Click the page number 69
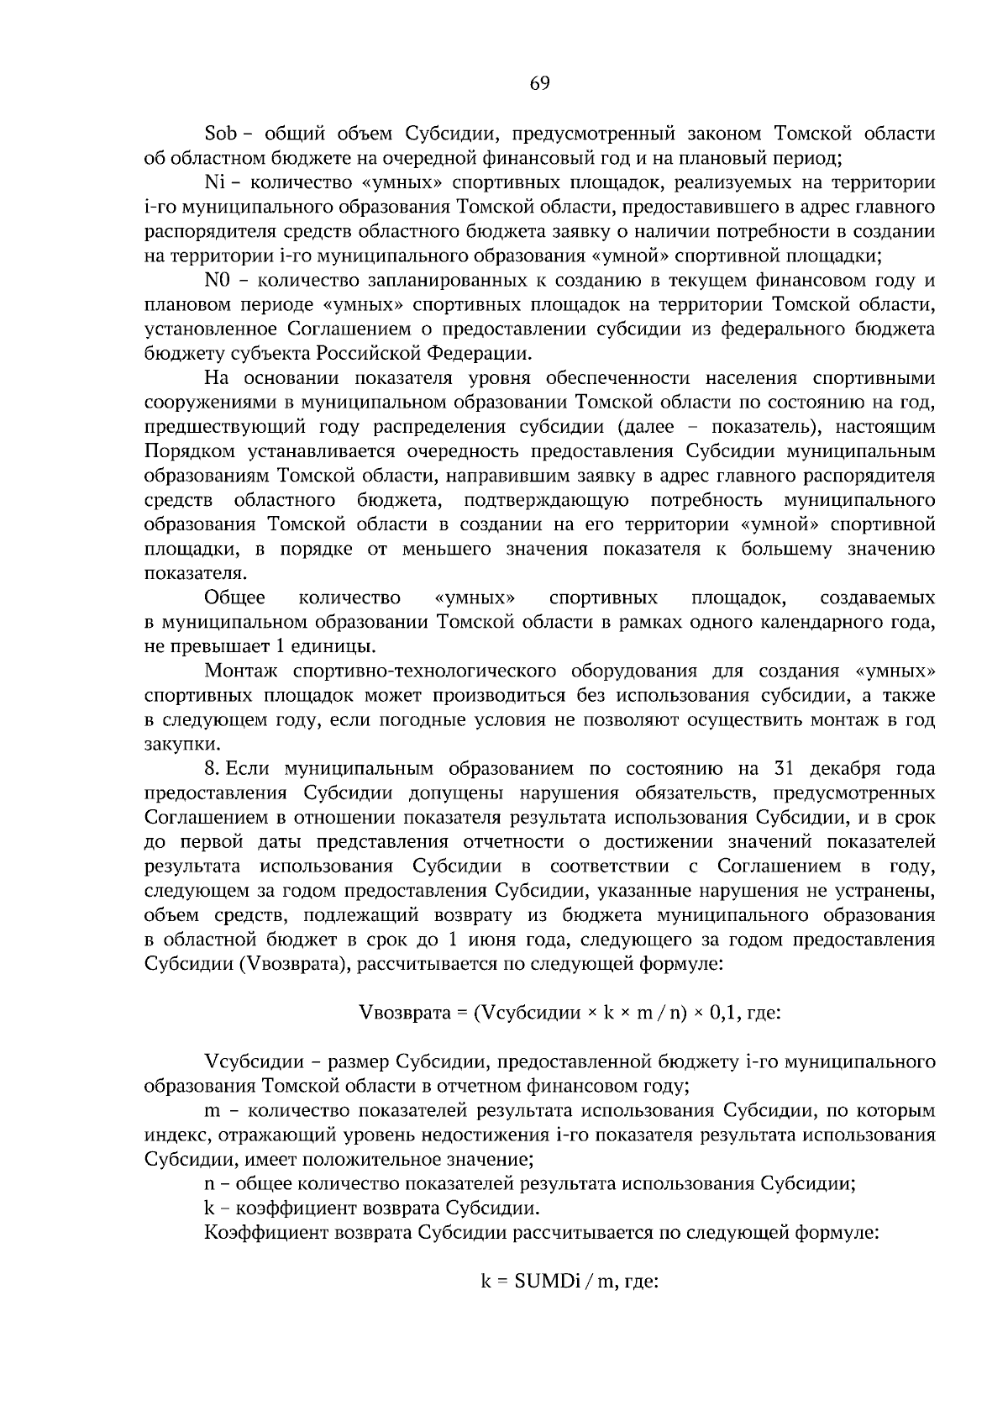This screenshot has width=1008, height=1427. [x=539, y=83]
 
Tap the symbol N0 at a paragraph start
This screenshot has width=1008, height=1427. [x=218, y=280]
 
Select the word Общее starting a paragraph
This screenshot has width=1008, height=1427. [x=235, y=598]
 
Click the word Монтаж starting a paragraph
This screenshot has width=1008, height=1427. [x=239, y=671]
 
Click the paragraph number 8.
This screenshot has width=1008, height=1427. [x=212, y=769]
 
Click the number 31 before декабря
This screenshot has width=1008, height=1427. [x=774, y=769]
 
